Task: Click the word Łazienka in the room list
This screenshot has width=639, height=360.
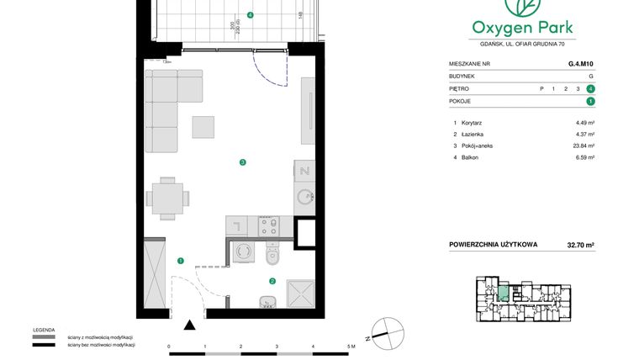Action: (473, 135)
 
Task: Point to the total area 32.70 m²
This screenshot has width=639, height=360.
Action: (579, 246)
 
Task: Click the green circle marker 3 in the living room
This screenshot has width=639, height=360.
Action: (242, 162)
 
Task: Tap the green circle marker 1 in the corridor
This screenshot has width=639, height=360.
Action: (180, 261)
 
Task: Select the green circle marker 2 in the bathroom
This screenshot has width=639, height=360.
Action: (272, 282)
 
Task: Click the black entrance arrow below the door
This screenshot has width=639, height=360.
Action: (190, 325)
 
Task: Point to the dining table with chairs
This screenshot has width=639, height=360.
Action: (167, 199)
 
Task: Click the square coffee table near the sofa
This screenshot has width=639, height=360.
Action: (203, 126)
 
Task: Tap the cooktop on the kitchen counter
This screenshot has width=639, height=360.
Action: (270, 225)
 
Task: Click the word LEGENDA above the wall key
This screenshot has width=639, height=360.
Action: (44, 330)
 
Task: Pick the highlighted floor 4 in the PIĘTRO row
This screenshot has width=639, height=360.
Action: (591, 87)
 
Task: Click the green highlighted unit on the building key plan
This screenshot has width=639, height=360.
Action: (502, 294)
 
